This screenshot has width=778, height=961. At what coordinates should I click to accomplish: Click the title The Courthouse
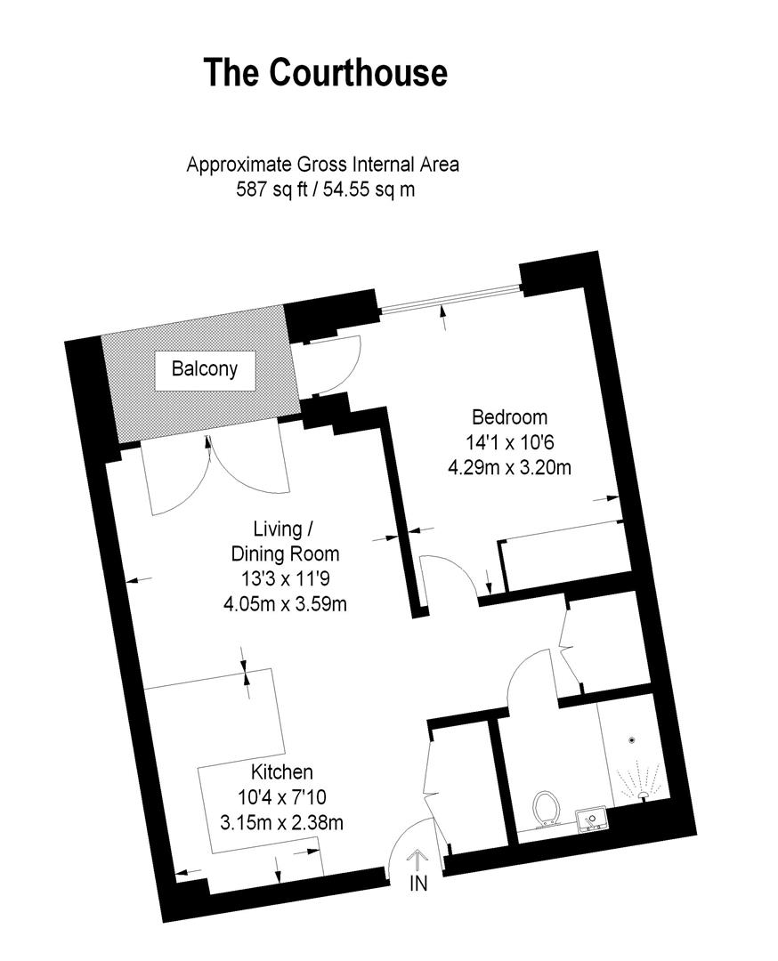325,72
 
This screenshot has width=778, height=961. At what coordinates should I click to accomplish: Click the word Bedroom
509,416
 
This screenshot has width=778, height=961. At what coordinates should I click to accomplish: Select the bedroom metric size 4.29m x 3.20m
509,465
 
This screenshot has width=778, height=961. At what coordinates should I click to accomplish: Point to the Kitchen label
280,772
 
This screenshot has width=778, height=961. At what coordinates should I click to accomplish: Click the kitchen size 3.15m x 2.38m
281,822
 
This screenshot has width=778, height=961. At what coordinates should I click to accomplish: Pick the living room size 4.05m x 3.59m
284,604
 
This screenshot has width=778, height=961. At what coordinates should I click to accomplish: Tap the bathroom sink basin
591,818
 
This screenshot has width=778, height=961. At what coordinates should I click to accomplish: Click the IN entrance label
418,884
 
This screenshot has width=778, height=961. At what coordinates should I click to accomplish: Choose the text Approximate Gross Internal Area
322,165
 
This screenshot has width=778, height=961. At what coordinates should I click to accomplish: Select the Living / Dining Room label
280,541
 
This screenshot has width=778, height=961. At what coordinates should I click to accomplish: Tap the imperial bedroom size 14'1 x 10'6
509,441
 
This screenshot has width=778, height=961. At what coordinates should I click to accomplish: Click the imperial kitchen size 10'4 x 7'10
280,797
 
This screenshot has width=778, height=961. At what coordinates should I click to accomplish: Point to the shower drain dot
632,739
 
